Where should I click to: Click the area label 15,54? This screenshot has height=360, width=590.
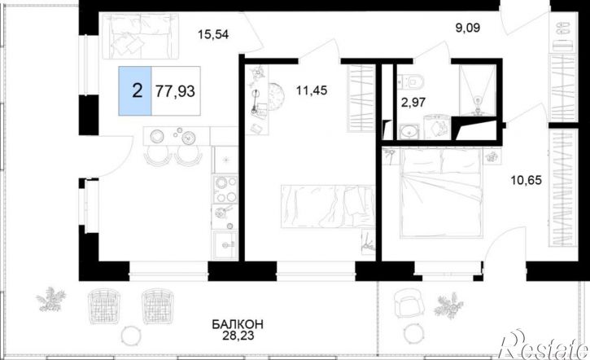(213, 35)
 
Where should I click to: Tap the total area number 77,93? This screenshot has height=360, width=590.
(175, 91)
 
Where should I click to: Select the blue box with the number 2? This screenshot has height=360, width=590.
(135, 90)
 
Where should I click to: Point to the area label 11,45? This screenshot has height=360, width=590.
(312, 90)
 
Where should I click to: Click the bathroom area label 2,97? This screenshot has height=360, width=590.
(413, 102)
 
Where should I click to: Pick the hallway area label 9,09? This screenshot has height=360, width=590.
(468, 28)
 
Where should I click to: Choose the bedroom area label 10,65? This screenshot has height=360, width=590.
(526, 180)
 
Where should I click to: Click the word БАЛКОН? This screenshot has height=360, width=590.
(238, 324)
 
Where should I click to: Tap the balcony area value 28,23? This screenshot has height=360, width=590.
(238, 336)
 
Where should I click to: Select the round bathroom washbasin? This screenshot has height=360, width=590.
(407, 131)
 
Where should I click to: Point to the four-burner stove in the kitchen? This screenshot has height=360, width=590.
(225, 190)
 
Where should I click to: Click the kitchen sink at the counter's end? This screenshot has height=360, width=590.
(225, 245)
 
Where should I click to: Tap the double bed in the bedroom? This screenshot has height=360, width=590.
(442, 192)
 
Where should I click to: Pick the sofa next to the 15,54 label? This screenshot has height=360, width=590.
(140, 36)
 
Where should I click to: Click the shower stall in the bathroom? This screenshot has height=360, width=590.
(478, 90)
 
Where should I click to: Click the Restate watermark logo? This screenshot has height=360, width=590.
(543, 345)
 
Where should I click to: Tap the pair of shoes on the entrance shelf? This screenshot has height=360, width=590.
(563, 29)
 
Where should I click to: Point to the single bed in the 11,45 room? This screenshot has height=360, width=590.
(328, 206)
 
